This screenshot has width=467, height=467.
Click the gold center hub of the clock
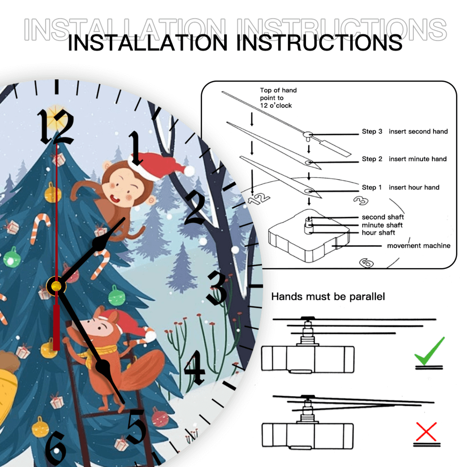click(56, 285)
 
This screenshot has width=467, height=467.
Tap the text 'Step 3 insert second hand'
click(404, 132)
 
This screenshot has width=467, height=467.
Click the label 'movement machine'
click(418, 246)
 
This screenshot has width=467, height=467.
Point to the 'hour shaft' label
click(378, 233)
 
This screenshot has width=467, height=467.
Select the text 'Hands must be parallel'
click(328, 297)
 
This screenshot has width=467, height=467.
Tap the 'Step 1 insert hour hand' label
click(400, 187)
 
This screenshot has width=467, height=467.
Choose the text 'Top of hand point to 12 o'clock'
click(278, 98)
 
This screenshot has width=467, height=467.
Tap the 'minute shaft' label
click(382, 225)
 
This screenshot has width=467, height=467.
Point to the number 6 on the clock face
click(55, 447)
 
